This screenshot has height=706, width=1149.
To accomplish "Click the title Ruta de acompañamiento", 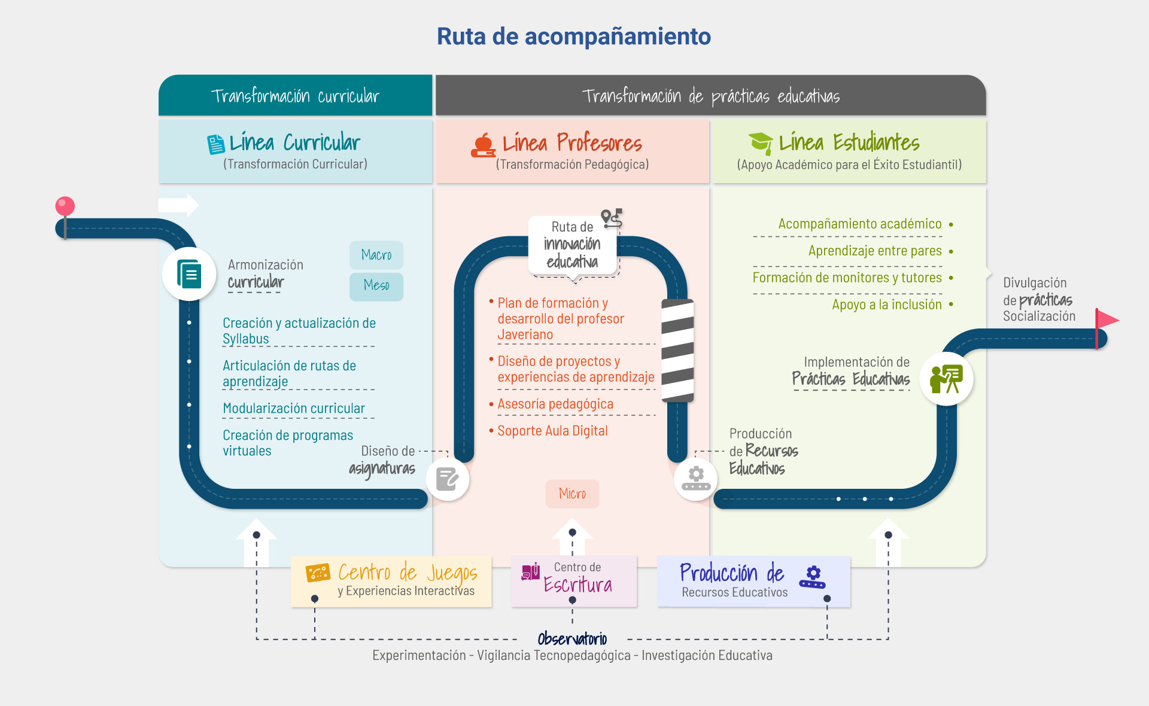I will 573,36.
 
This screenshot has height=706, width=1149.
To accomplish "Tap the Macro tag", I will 376,255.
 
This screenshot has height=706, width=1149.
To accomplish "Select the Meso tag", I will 376,286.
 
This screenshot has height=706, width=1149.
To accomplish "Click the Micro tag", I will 572,494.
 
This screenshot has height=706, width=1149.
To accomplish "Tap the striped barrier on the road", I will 677,351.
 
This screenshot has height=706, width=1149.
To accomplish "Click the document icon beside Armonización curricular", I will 189,274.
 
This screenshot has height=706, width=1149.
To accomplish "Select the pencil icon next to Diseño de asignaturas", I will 447,479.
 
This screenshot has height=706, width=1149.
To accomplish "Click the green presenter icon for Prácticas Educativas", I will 946,379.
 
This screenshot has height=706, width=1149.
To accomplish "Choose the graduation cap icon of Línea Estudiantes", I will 761,144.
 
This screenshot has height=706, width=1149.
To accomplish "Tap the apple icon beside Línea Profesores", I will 483,145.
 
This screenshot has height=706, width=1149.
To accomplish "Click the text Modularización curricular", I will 294,408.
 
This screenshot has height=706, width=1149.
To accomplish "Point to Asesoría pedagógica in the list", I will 555,404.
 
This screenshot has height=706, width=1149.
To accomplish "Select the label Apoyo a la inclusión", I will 886,305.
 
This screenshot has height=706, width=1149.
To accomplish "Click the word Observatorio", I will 572,639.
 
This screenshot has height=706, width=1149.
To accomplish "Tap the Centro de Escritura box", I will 574,581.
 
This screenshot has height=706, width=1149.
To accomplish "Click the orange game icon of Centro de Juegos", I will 318,573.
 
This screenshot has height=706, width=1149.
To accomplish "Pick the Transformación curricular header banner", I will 295,96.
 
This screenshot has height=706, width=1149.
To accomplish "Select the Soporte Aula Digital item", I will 552,431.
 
